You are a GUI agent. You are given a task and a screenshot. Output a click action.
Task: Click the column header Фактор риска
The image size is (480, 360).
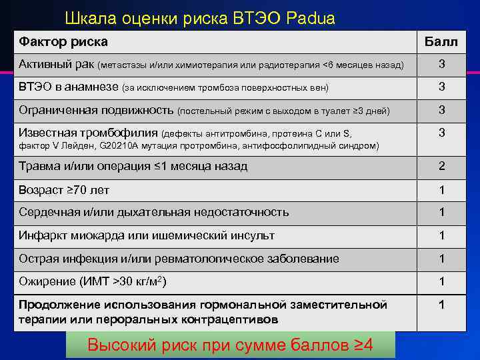[63, 42]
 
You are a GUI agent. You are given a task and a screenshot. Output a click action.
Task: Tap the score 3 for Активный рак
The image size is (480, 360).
[441, 65]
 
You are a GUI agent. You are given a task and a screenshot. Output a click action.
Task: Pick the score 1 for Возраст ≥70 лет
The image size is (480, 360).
[441, 190]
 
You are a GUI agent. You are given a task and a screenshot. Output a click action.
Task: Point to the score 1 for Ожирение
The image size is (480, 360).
[441, 282]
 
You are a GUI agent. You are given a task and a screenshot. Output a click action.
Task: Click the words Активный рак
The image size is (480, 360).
[57, 65]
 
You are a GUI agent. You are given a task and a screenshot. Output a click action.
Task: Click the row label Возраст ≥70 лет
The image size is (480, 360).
[64, 190]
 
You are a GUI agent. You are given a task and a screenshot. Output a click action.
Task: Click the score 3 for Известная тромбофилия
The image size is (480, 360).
[441, 133]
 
